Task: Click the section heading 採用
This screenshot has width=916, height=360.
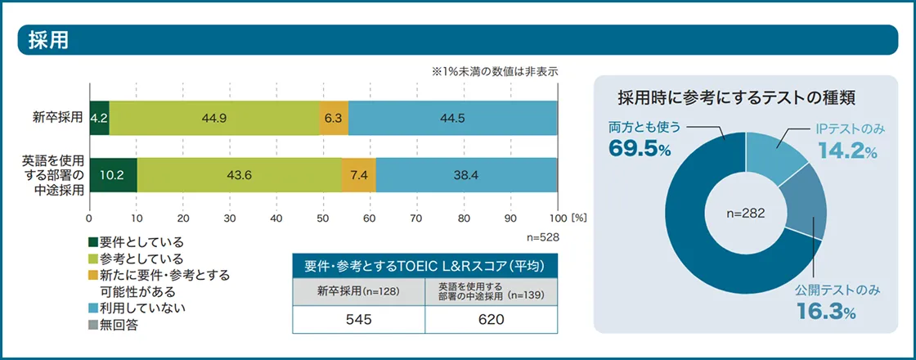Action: [x=48, y=40]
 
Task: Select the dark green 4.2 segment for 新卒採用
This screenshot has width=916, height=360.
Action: [x=99, y=118]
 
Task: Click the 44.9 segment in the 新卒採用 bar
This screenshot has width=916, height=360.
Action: [x=214, y=118]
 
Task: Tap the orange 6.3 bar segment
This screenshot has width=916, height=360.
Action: [x=334, y=118]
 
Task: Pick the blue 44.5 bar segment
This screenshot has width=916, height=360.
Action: [x=452, y=118]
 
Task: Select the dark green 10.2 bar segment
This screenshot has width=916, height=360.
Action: [x=113, y=174]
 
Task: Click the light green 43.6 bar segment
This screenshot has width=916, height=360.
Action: [x=239, y=174]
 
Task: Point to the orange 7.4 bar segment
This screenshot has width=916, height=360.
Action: [x=358, y=174]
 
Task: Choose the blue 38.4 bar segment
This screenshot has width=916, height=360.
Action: [x=466, y=174]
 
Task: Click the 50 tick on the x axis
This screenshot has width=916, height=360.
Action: [x=324, y=218]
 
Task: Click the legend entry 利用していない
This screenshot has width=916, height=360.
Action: [x=137, y=308]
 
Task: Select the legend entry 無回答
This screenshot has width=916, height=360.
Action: [x=119, y=324]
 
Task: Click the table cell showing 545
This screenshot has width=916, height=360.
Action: [x=359, y=319]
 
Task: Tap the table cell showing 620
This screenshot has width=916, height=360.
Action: [x=491, y=319]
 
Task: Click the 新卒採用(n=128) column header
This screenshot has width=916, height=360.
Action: [x=359, y=290]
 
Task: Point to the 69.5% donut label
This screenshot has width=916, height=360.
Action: [x=640, y=148]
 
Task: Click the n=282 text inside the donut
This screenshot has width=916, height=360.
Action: [x=745, y=212]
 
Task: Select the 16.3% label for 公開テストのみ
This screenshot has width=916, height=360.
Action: [x=827, y=312]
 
